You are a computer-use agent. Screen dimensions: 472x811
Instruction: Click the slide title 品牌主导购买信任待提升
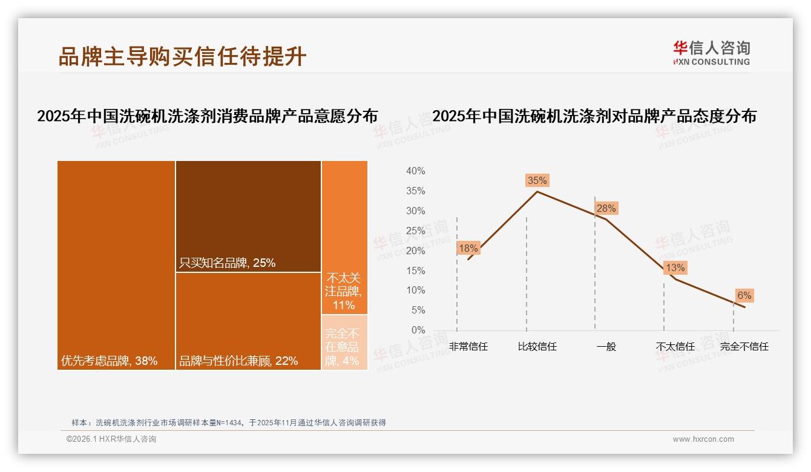click(x=182, y=56)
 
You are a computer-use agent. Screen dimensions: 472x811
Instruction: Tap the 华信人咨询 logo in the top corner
click(x=711, y=53)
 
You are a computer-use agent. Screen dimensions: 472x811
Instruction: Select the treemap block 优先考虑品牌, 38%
click(x=116, y=265)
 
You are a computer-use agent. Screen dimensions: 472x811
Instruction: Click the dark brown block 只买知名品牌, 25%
click(x=248, y=216)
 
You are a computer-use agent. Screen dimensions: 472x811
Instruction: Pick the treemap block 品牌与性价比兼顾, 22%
click(x=248, y=321)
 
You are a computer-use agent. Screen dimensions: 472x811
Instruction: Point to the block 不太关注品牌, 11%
click(x=344, y=237)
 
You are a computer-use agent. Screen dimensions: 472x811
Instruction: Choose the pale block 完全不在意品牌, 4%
click(x=344, y=343)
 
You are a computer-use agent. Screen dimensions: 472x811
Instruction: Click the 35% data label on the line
click(x=537, y=180)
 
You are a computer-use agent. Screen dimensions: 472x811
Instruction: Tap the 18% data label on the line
click(x=468, y=248)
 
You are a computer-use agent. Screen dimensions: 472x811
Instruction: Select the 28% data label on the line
click(x=606, y=209)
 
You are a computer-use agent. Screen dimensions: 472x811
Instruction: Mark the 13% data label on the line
click(x=675, y=267)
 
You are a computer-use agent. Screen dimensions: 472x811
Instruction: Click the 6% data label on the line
click(x=744, y=295)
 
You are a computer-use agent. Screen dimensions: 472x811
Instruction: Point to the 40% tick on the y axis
click(x=415, y=171)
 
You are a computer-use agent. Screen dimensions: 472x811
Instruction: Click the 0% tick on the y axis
click(x=418, y=330)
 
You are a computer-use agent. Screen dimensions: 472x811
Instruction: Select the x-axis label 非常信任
click(x=468, y=347)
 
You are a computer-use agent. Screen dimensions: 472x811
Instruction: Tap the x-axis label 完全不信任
click(x=744, y=347)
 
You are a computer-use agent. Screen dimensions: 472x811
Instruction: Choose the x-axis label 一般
click(x=606, y=347)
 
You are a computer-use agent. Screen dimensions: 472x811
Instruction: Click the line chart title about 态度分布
click(x=594, y=116)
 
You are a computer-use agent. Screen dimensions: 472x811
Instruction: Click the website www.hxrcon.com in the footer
click(x=703, y=439)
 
